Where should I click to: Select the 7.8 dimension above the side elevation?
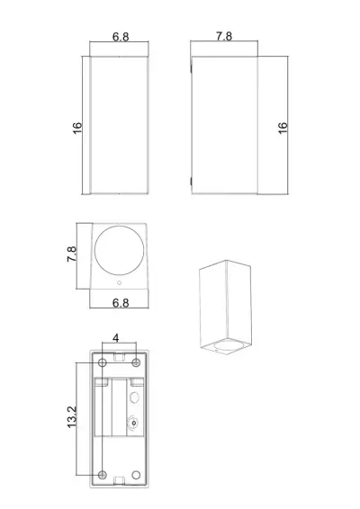(x=225, y=37)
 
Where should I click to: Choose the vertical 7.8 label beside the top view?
(x=73, y=254)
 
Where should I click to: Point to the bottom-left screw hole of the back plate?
(x=103, y=475)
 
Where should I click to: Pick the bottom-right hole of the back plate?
(x=136, y=475)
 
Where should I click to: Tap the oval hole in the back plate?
(x=136, y=395)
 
